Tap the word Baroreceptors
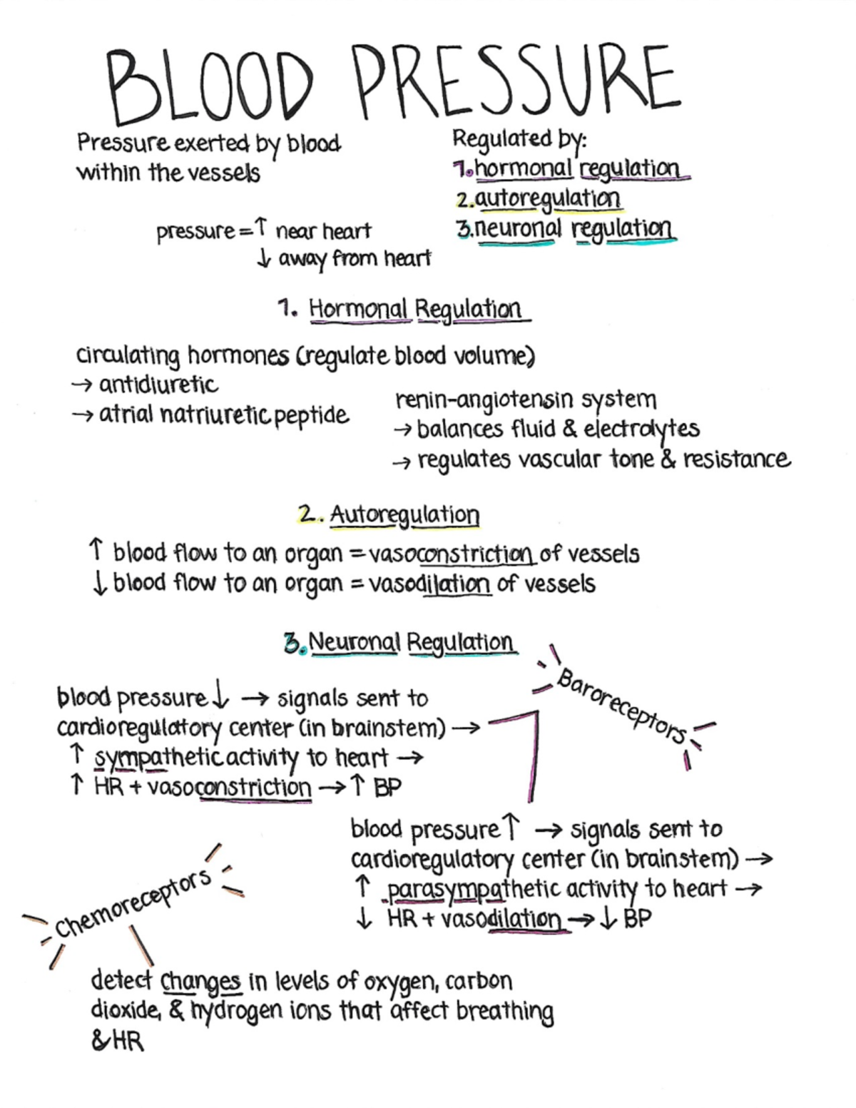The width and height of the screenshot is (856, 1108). tap(621, 706)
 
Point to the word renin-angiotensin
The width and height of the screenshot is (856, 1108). tap(484, 400)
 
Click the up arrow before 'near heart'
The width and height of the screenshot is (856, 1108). tap(262, 228)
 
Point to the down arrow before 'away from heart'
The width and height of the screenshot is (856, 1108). tap(264, 258)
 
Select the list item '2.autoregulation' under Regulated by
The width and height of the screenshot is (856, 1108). tap(539, 198)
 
